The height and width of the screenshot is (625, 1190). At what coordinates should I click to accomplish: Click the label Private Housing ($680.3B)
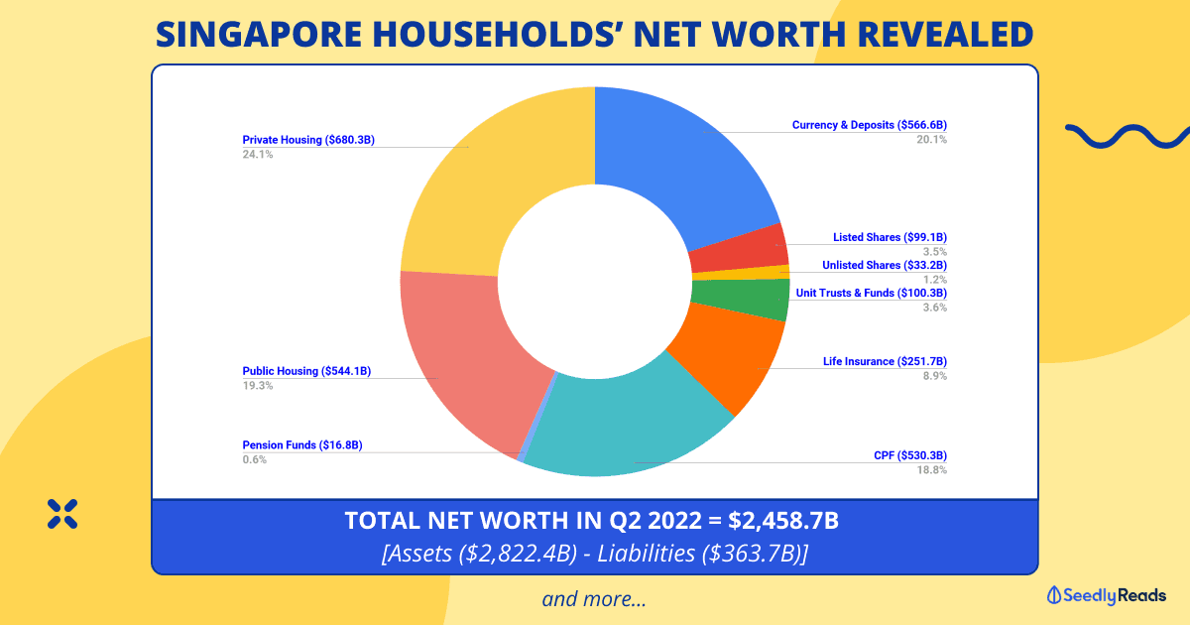(308, 140)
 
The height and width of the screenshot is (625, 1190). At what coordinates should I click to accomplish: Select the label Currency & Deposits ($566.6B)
(870, 125)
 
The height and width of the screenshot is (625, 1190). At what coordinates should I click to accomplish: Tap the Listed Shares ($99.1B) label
(890, 238)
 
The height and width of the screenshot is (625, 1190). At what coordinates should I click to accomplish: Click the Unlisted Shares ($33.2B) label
(885, 265)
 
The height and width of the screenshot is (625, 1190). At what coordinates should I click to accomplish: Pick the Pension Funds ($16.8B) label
(302, 445)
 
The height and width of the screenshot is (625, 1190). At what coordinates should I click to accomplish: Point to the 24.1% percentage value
(258, 155)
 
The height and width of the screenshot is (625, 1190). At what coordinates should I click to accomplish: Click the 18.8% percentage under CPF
(932, 470)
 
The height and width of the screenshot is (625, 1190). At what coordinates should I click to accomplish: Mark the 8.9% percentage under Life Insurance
(934, 376)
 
